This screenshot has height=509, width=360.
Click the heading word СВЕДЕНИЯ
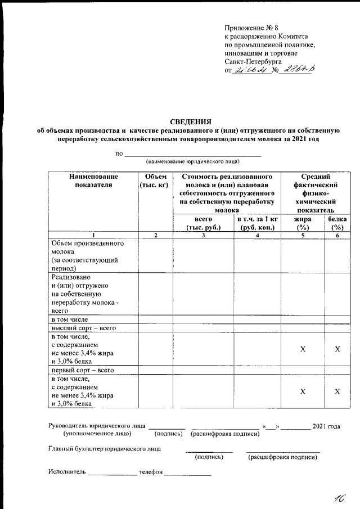point(191,121)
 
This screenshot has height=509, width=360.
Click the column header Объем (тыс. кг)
point(155,180)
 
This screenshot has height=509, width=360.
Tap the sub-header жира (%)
point(303,223)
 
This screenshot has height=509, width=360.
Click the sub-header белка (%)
point(337,223)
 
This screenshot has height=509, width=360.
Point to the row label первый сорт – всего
point(83,370)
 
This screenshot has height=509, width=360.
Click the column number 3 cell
point(202,235)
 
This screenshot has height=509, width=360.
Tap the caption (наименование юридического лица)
point(192,161)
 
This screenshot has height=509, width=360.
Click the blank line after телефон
point(187,473)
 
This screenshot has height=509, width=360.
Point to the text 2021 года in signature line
point(326,427)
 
